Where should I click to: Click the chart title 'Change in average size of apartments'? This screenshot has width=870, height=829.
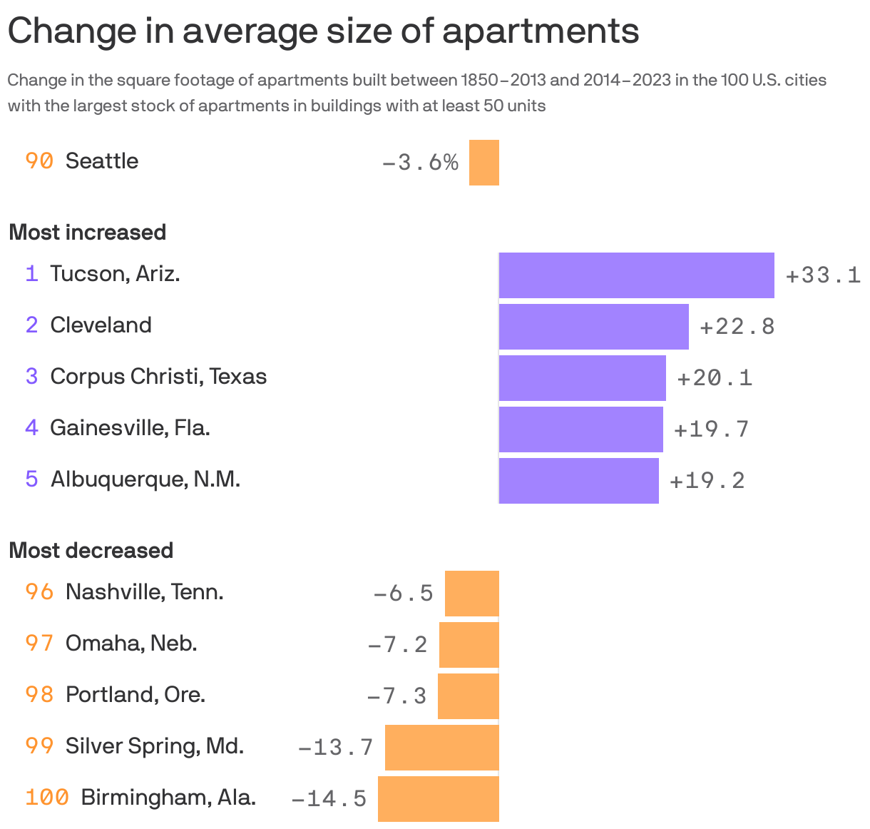[323, 31]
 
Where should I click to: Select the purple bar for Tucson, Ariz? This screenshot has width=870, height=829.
[636, 275]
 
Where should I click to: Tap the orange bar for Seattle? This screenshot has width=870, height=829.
[483, 163]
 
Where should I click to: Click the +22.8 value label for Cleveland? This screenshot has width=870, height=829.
[737, 327]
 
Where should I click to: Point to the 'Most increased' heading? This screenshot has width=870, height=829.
[87, 233]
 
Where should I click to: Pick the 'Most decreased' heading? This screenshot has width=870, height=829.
[91, 551]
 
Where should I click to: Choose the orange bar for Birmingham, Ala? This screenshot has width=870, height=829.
[438, 798]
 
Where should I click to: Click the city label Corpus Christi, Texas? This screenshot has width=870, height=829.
[158, 377]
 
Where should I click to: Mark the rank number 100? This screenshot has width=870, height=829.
[47, 797]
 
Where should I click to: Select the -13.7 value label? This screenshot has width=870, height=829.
[335, 747]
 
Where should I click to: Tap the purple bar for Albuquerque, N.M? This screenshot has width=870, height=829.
[578, 480]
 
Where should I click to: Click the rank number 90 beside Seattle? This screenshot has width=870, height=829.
[39, 161]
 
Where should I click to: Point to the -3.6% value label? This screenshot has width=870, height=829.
[420, 163]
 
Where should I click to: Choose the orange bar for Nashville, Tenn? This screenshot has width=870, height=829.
[471, 593]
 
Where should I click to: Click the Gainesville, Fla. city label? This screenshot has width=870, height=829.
[130, 428]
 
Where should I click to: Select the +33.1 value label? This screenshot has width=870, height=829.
[823, 275]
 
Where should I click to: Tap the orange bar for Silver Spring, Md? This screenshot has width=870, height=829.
[441, 747]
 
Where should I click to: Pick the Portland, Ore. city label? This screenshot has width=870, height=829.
[135, 695]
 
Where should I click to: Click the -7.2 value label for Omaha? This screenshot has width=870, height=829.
[397, 644]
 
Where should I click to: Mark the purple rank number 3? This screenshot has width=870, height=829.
[31, 377]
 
